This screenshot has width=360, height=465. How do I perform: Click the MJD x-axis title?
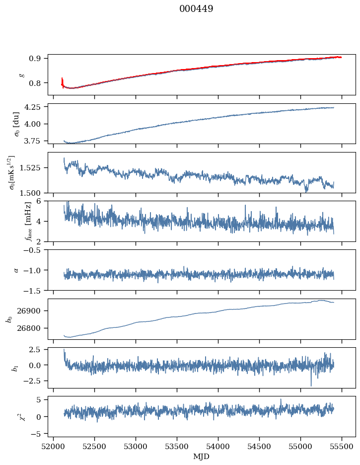(x=201, y=457)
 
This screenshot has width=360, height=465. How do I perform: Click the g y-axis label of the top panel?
(x=21, y=75)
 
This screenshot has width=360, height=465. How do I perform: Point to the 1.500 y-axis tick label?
(x=33, y=193)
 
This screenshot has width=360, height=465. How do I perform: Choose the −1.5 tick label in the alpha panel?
(x=35, y=290)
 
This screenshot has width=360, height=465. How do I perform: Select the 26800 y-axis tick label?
(x=33, y=328)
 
